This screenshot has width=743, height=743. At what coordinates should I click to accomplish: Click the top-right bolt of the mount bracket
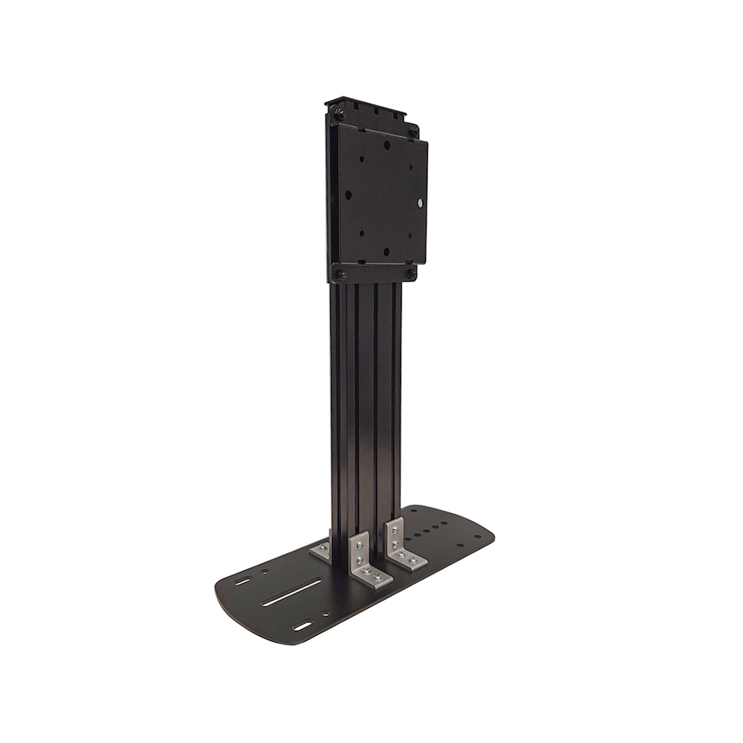pyautogui.click(x=413, y=131)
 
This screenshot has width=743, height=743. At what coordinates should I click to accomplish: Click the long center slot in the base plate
pyautogui.click(x=293, y=595)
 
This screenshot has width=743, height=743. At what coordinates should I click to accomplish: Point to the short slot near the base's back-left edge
pyautogui.click(x=244, y=580)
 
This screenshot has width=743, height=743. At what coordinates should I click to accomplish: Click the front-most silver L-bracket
pyautogui.click(x=366, y=562)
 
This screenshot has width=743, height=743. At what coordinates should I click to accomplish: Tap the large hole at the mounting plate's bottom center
pyautogui.click(x=386, y=252)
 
